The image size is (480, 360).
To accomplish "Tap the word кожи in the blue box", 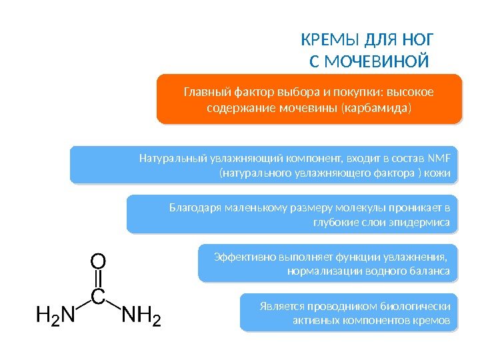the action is tap(439, 175).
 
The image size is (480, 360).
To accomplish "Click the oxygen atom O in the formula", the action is tap(98, 259).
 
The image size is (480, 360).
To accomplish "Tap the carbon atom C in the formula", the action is tap(98, 297).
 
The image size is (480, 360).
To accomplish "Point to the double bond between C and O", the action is tap(98, 278).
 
